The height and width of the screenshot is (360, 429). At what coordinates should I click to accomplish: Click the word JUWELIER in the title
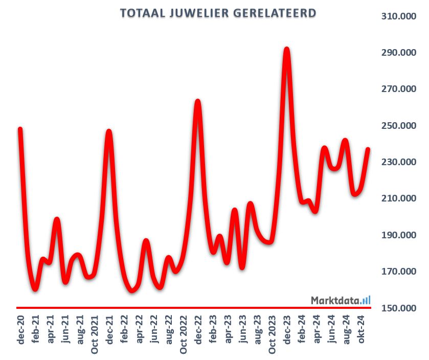coord(198,12)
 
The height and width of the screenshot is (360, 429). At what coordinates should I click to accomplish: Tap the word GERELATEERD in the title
coord(274,12)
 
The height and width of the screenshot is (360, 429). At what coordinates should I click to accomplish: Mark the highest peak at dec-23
coord(287,50)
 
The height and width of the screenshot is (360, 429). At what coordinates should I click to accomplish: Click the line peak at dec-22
coord(198,101)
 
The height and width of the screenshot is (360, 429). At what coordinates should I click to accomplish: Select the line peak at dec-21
coord(109,131)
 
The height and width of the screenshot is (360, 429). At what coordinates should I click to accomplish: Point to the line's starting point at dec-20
coord(20,129)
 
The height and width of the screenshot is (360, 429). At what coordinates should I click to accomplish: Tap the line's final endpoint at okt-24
coord(368,149)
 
